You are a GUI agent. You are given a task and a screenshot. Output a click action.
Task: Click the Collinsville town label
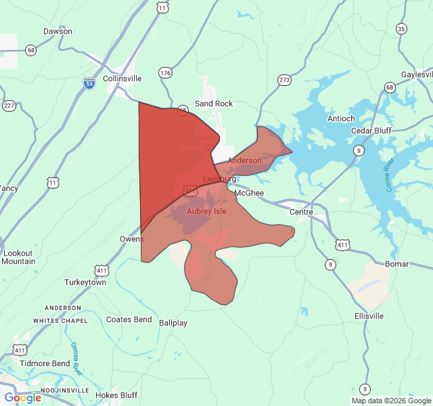[x=122, y=78]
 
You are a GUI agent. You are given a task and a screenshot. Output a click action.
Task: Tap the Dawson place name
[x=58, y=31]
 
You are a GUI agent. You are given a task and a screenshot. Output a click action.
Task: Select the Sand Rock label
[x=214, y=104]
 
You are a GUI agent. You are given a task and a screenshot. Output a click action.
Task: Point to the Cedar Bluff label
[x=372, y=131]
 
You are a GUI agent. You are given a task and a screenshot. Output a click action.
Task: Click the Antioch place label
[x=341, y=118]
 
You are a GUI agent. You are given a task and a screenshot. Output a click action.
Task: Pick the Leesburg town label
[x=220, y=179]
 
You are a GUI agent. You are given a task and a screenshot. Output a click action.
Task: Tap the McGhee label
[x=249, y=193]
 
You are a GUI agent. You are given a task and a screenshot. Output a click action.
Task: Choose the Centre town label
[x=301, y=212]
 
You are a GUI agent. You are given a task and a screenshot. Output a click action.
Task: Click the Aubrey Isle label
[x=206, y=211]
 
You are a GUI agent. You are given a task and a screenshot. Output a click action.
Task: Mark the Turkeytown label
[x=85, y=282]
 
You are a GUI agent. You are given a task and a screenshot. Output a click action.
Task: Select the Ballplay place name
[x=173, y=323]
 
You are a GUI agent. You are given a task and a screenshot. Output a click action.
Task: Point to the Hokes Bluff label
[x=116, y=395]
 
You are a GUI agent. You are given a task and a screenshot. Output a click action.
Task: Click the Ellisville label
[x=369, y=316]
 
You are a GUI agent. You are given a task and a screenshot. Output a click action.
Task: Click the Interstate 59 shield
[x=89, y=82]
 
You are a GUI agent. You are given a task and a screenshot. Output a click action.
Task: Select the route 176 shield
[x=166, y=72]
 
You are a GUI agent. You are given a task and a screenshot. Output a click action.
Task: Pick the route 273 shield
[x=284, y=80]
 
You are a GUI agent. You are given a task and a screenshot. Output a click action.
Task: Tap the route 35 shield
[x=402, y=28]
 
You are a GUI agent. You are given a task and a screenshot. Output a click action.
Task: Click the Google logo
[x=23, y=398]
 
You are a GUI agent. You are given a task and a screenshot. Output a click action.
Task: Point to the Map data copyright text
[x=390, y=401]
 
